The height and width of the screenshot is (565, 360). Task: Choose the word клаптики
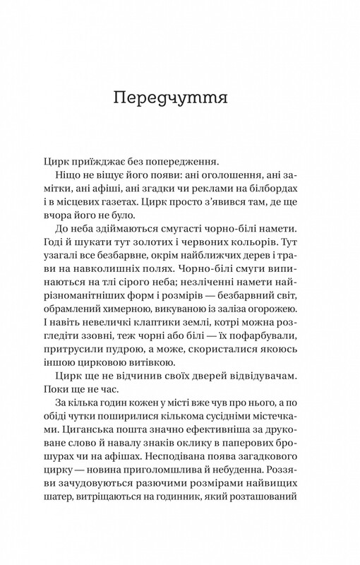156,375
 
